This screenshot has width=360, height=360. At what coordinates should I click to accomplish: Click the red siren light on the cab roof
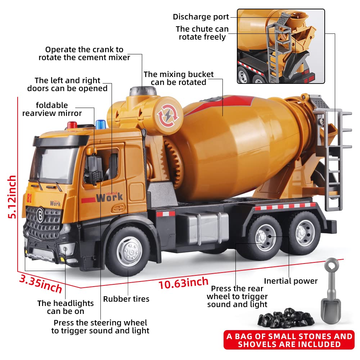point(73,125)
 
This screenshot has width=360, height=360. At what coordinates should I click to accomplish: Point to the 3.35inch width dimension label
point(40,283)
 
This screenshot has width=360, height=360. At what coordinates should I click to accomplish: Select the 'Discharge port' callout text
point(201,17)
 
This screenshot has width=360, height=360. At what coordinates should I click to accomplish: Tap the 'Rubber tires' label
point(126,299)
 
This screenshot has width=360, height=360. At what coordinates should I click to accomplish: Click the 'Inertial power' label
point(291,281)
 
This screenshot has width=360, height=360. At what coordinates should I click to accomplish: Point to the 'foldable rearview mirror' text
point(52,109)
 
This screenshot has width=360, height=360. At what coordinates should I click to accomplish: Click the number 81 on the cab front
point(29,198)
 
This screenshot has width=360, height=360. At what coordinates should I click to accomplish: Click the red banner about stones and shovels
point(288,341)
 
